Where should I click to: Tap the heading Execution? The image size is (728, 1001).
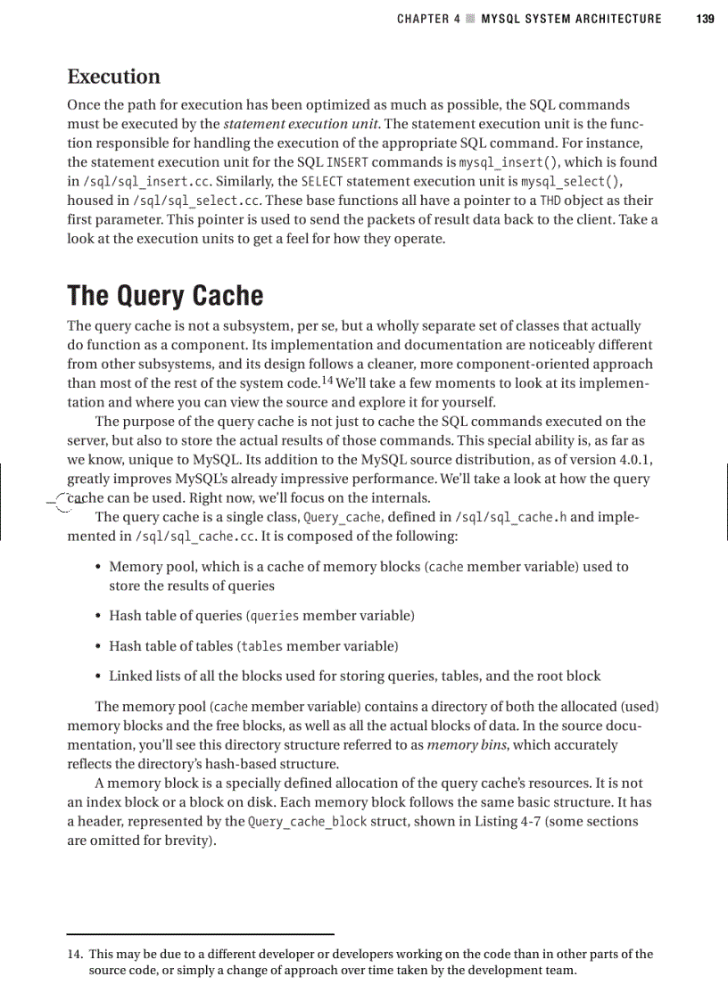click(x=113, y=77)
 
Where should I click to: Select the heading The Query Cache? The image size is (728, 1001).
click(x=165, y=296)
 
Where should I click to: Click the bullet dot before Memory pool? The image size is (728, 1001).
click(x=96, y=567)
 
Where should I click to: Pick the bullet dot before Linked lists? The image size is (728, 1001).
click(x=96, y=676)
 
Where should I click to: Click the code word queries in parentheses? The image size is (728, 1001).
click(x=273, y=616)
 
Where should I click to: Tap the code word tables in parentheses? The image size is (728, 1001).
click(x=261, y=646)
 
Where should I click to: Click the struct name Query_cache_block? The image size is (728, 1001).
click(x=308, y=822)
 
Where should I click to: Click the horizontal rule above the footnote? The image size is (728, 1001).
click(x=200, y=934)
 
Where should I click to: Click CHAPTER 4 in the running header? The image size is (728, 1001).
click(x=423, y=19)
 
